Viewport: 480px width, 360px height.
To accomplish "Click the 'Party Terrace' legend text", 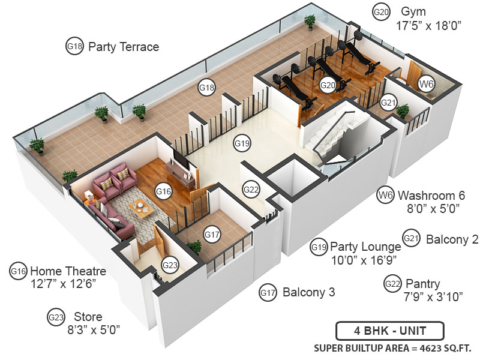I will point(123,47).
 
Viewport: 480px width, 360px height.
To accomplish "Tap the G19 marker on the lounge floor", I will point(242,143).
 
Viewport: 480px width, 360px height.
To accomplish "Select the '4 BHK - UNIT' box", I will point(389,331).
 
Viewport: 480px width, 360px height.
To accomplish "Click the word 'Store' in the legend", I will point(88,317).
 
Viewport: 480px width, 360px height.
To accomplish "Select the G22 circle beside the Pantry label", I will point(393,283).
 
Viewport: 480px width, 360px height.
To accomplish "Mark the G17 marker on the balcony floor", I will point(212,235).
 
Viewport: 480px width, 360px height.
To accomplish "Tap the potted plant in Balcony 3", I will point(194,247).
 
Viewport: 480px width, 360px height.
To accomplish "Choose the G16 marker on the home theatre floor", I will point(163,191).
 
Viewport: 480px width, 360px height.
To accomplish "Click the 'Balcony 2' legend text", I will point(452,239).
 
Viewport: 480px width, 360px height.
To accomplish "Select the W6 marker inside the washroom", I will point(426,84).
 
